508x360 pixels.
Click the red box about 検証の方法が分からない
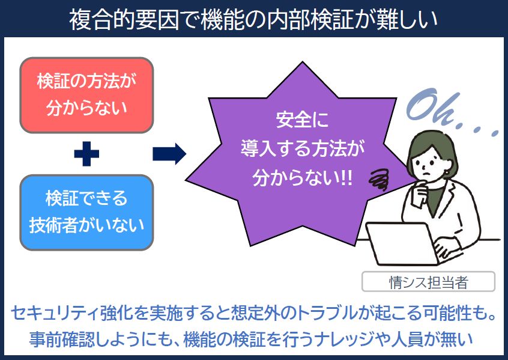pyautogui.click(x=86, y=94)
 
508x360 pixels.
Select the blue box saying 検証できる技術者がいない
pyautogui.click(x=86, y=212)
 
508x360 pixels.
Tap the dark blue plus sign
pyautogui.click(x=86, y=154)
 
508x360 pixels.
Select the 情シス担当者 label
pyautogui.click(x=428, y=281)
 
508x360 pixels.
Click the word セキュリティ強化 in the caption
pyautogui.click(x=70, y=313)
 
